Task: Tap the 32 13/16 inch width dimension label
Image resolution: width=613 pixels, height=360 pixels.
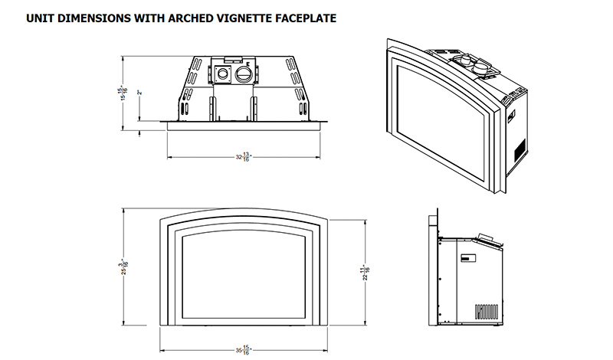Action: coord(244,157)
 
